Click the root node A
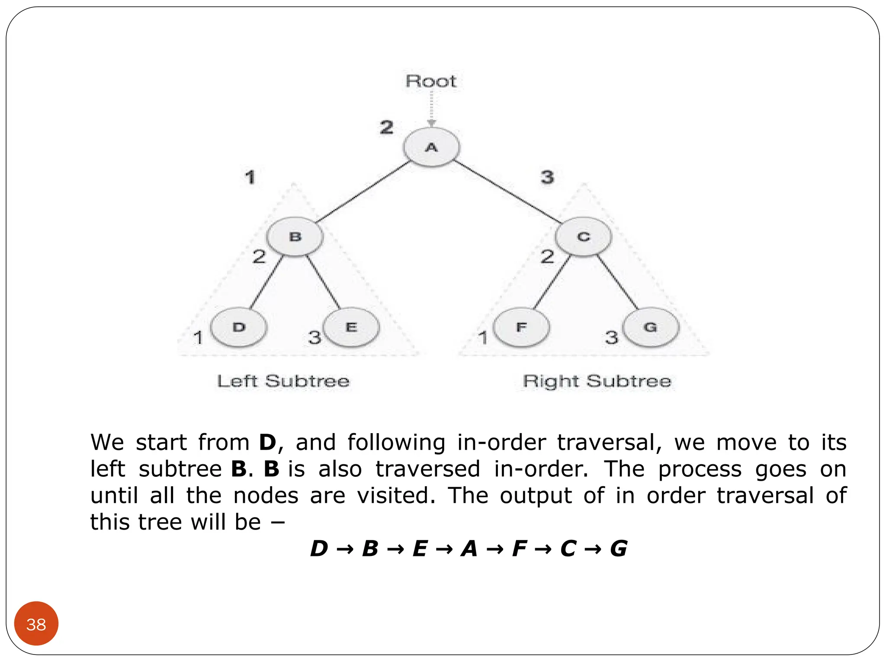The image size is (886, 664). click(x=431, y=147)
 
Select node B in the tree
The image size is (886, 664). click(x=295, y=237)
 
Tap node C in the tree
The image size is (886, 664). click(x=583, y=237)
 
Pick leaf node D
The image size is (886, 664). click(x=239, y=327)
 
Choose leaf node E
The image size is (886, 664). click(x=351, y=327)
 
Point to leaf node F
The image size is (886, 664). click(x=521, y=327)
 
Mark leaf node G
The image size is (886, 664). click(x=651, y=327)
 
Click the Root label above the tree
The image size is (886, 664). click(x=431, y=81)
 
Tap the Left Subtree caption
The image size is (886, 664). click(x=283, y=381)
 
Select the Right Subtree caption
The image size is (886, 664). click(x=597, y=381)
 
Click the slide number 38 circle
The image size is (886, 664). click(x=36, y=624)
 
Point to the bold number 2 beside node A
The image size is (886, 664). click(x=387, y=127)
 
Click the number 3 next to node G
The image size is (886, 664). click(x=612, y=337)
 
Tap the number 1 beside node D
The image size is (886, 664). click(x=198, y=337)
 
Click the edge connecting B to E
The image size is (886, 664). click(x=324, y=282)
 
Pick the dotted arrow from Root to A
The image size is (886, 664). click(x=431, y=108)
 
